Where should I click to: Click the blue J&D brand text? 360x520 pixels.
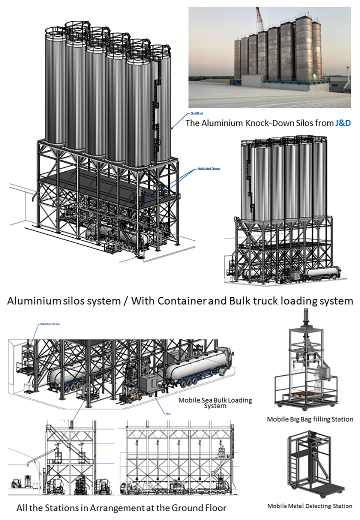(343, 123)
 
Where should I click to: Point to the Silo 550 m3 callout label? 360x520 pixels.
(197, 113)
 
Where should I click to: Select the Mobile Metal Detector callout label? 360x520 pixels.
(209, 169)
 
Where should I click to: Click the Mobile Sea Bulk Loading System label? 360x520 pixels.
(215, 403)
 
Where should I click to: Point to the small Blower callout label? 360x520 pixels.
(168, 414)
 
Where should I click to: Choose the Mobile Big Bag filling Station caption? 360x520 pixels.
(310, 419)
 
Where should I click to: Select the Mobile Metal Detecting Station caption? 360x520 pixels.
(310, 506)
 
